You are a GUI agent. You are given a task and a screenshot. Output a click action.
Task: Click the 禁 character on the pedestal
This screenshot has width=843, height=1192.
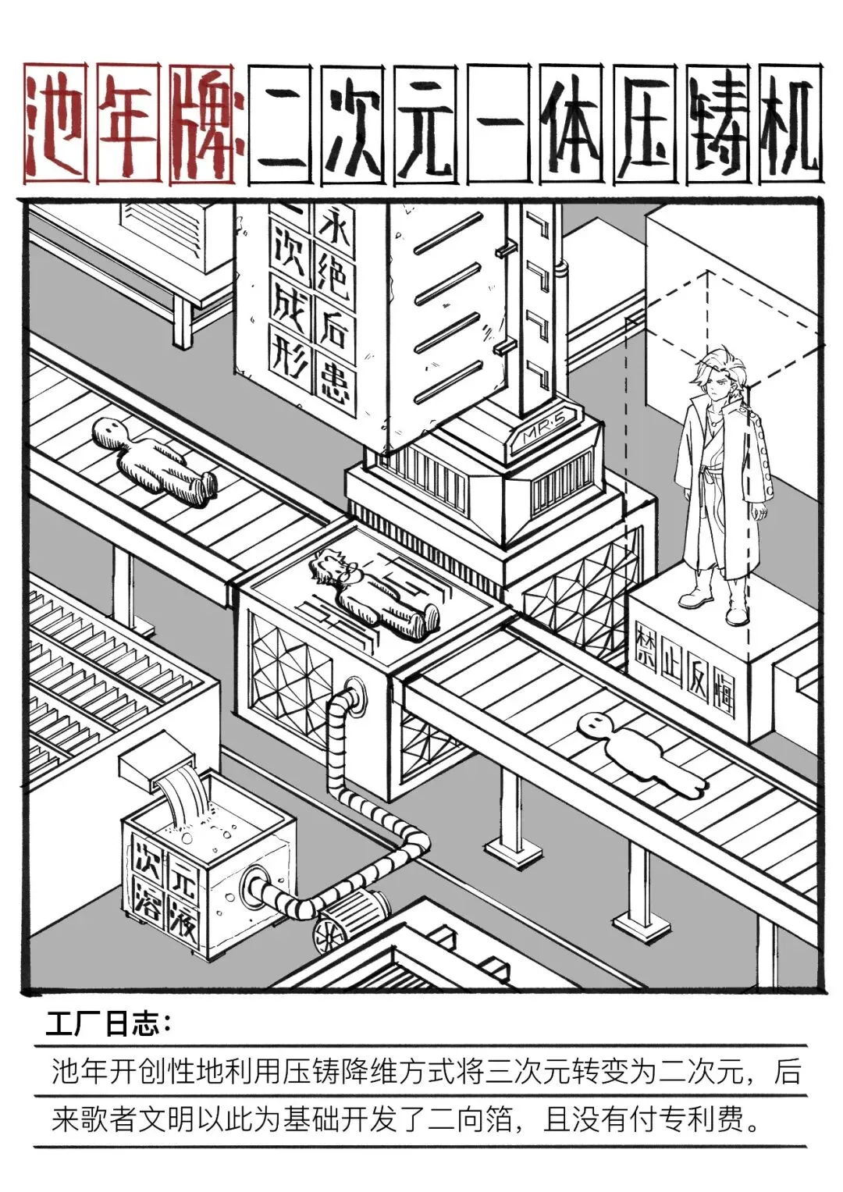click(646, 646)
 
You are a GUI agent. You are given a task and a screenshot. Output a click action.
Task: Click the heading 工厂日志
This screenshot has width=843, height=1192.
click(108, 1024)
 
